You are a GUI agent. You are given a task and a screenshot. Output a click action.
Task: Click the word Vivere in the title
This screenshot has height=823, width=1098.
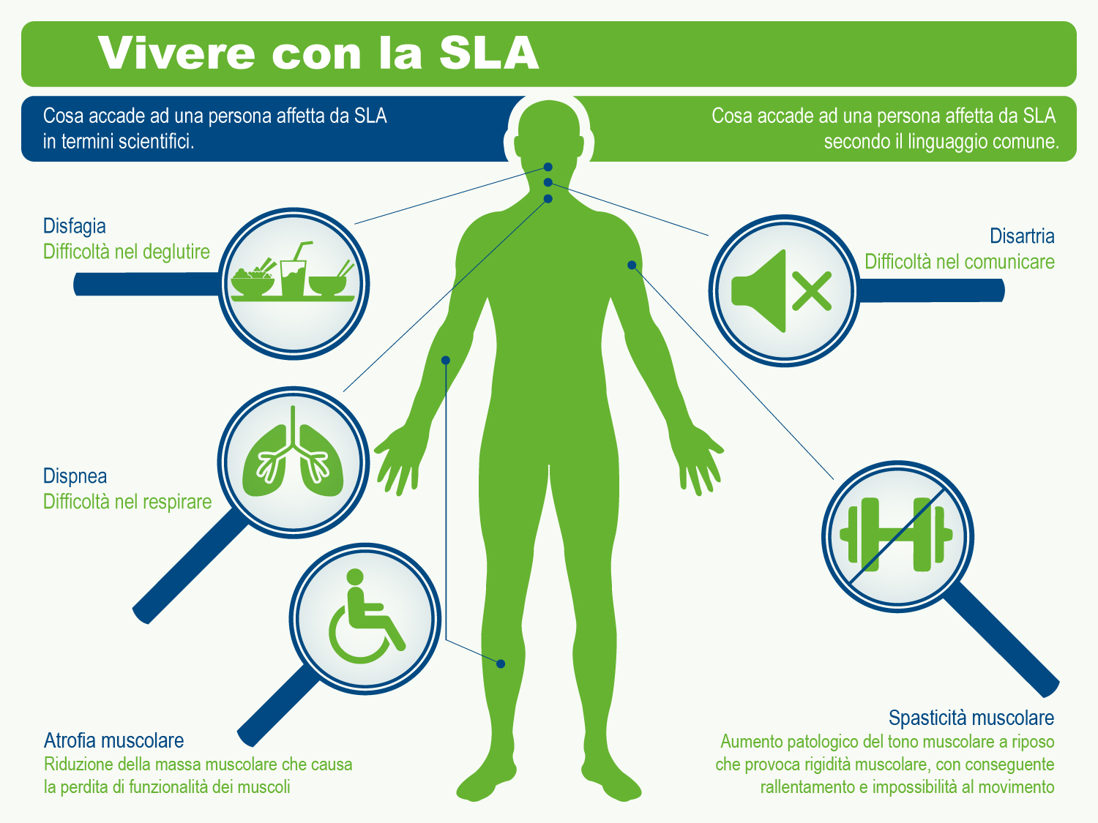[176, 53]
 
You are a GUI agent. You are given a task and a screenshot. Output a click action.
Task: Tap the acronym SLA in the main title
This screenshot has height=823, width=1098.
[488, 53]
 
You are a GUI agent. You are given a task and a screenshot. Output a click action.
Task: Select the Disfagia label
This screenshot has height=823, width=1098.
[75, 226]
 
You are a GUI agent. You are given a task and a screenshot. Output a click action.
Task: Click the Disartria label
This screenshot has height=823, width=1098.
[1022, 236]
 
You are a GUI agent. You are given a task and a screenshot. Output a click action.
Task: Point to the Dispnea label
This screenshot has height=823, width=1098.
[75, 476]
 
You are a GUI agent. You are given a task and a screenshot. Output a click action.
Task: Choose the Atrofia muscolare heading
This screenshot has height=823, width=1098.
[113, 740]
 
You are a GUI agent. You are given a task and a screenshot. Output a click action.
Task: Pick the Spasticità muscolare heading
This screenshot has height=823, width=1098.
[971, 718]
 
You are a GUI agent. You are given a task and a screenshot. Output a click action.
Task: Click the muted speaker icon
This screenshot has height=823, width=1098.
[782, 291]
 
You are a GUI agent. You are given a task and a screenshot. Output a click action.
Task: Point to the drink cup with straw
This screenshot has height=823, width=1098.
[294, 272]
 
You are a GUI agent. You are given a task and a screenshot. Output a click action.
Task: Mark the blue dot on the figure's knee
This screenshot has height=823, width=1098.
[501, 664]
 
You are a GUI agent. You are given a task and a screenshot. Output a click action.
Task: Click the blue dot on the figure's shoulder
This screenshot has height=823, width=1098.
[631, 265]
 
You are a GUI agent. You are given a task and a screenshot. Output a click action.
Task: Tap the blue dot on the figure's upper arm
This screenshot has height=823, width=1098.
[445, 360]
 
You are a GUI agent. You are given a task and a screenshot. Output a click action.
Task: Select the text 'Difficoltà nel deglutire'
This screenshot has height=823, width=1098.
[126, 252]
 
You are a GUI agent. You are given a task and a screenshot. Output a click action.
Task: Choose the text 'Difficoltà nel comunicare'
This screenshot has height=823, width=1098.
[959, 262]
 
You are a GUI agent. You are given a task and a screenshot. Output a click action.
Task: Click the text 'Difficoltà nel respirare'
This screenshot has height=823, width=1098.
[127, 502]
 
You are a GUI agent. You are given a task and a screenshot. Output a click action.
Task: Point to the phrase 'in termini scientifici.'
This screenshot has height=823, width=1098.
[119, 141]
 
